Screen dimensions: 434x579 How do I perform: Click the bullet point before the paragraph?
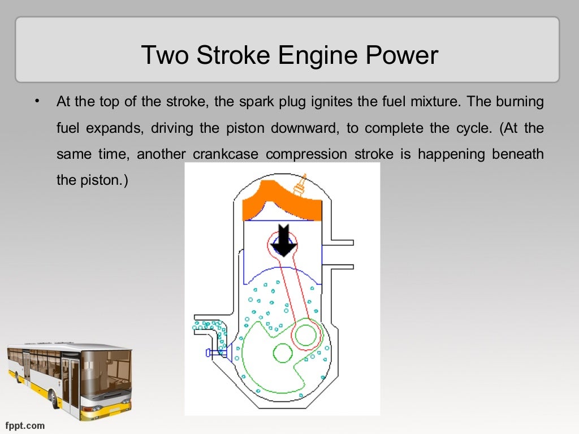[x=37, y=102]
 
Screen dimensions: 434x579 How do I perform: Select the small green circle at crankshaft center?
[x=283, y=353]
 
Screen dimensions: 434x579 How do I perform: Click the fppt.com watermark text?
[x=25, y=425]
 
